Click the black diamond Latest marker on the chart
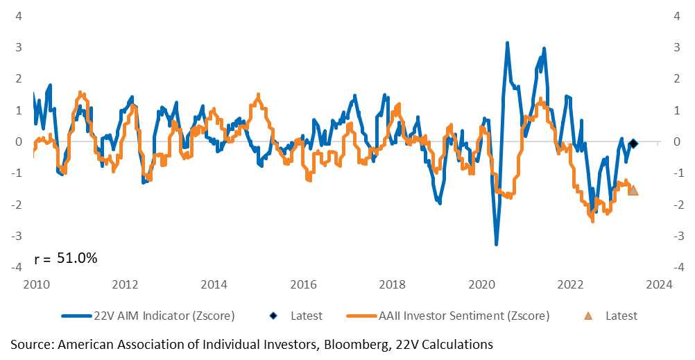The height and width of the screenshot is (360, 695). pyautogui.click(x=633, y=143)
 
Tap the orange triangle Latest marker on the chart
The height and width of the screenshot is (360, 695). pyautogui.click(x=633, y=190)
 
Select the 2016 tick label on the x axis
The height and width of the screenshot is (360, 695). pyautogui.click(x=304, y=284)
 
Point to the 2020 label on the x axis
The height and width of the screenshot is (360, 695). pyautogui.click(x=481, y=284)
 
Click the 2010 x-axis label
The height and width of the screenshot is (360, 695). pyautogui.click(x=36, y=284)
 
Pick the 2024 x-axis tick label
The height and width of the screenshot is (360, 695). pyautogui.click(x=659, y=284)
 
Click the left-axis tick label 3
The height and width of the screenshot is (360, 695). pyautogui.click(x=19, y=47)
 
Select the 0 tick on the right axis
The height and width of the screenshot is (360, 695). pyautogui.click(x=677, y=142)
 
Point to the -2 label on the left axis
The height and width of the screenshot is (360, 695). pyautogui.click(x=17, y=205)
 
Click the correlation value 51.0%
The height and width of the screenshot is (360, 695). pyautogui.click(x=77, y=257)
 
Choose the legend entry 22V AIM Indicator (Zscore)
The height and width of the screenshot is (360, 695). pyautogui.click(x=164, y=316)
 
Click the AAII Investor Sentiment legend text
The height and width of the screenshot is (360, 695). pyautogui.click(x=463, y=316)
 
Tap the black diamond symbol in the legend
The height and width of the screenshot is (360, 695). pyautogui.click(x=274, y=316)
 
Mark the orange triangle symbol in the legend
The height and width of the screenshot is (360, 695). pyautogui.click(x=588, y=316)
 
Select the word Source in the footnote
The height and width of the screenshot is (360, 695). pyautogui.click(x=33, y=345)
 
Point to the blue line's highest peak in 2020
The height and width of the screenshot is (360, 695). pyautogui.click(x=507, y=43)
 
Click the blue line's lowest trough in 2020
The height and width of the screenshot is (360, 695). pyautogui.click(x=496, y=244)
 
